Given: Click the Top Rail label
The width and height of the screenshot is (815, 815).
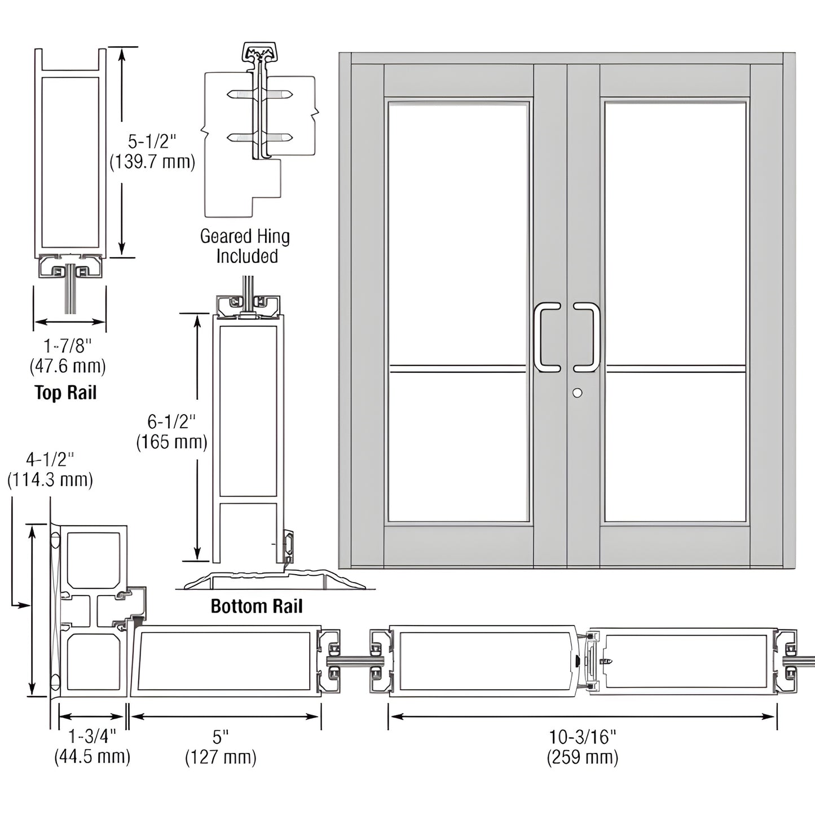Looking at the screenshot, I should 65,393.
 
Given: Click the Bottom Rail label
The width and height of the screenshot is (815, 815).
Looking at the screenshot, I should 256,606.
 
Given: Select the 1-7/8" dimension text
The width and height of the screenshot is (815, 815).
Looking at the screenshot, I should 67,344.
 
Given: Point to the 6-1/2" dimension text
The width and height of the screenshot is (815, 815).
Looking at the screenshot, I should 171,421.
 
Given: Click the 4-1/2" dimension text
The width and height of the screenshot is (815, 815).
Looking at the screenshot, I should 50,460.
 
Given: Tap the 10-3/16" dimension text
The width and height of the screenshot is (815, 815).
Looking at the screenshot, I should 583,736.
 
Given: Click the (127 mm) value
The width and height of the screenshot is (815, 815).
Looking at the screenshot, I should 221,757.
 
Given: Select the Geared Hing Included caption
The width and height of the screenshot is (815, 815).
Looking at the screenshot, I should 245,246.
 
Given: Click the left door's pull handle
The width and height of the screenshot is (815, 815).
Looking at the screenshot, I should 547,337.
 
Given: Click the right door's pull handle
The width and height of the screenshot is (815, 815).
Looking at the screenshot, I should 587,337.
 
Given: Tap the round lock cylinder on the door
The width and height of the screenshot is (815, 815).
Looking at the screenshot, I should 577,393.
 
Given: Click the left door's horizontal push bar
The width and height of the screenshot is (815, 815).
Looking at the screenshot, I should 458,369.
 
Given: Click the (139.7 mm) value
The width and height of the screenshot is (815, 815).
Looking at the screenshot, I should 152,162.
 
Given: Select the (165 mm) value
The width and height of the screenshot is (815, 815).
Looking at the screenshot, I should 171,442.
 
